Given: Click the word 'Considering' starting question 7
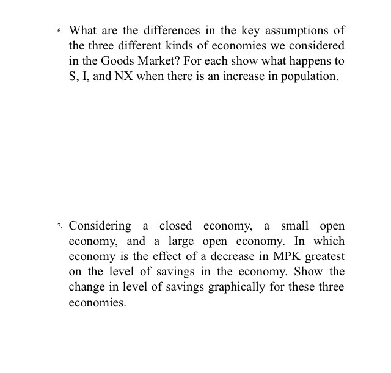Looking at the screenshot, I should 100,226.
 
